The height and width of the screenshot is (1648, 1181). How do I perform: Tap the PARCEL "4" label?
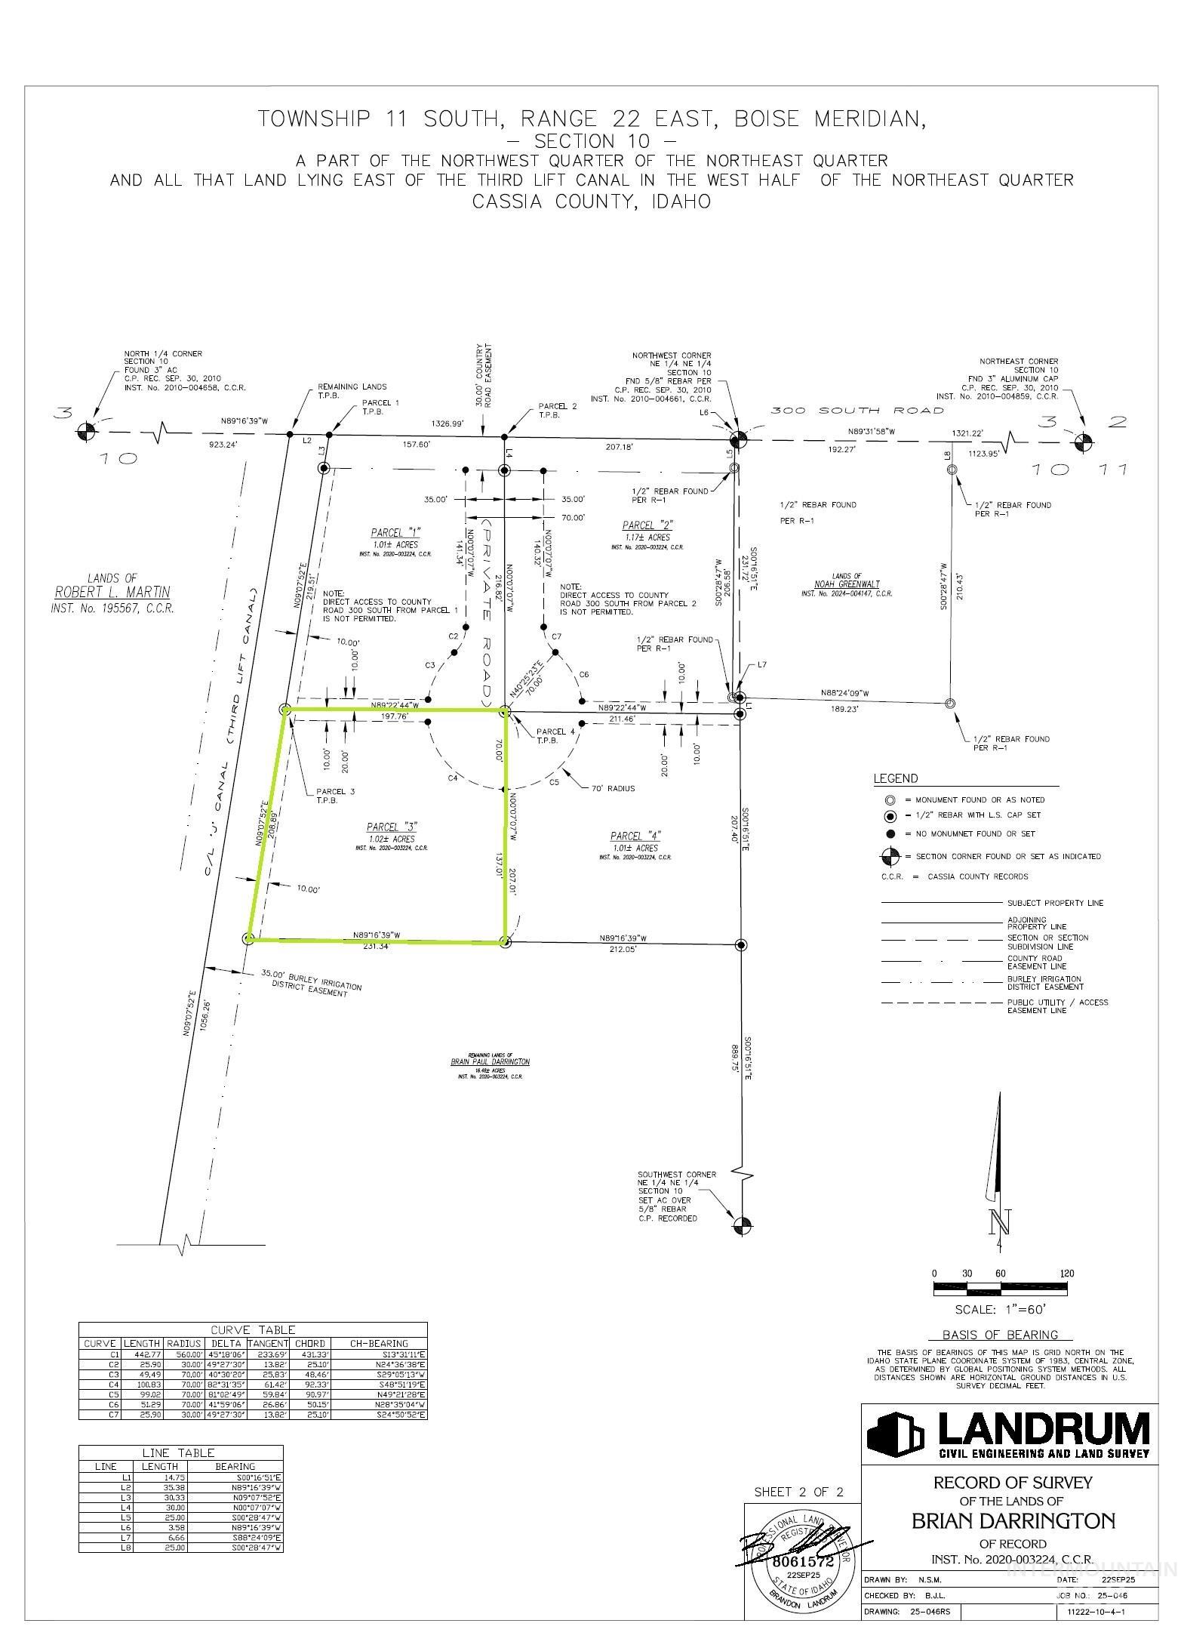pos(635,836)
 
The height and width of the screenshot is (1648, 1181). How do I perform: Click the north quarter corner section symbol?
pos(87,432)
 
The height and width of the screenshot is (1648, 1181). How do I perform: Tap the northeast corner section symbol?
pos(1083,439)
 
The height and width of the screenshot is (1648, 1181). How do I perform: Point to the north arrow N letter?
pos(1001,1221)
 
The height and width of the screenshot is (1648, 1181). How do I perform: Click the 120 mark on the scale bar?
pos(1066,1274)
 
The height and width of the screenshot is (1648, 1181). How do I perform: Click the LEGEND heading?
pos(896,779)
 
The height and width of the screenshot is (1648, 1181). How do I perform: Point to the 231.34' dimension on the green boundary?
pos(375,947)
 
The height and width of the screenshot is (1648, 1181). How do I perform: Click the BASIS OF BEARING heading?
pos(999,1335)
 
